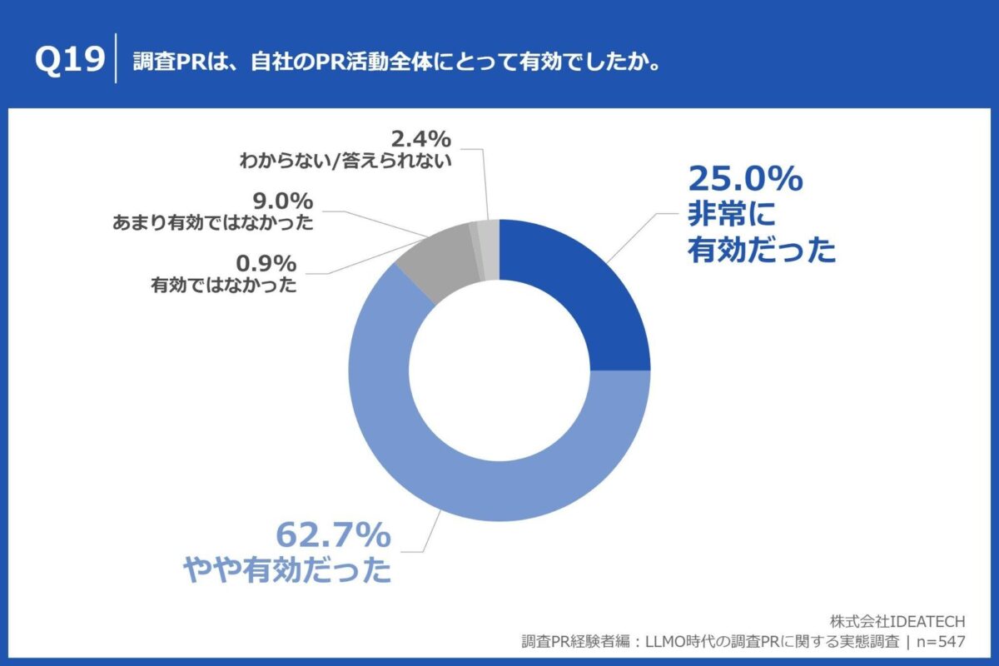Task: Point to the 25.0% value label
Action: tap(744, 178)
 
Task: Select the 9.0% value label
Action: tap(284, 201)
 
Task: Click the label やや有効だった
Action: tap(287, 570)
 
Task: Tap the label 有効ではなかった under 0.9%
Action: tap(224, 285)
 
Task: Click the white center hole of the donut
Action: tap(499, 370)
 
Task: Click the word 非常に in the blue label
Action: tap(731, 215)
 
